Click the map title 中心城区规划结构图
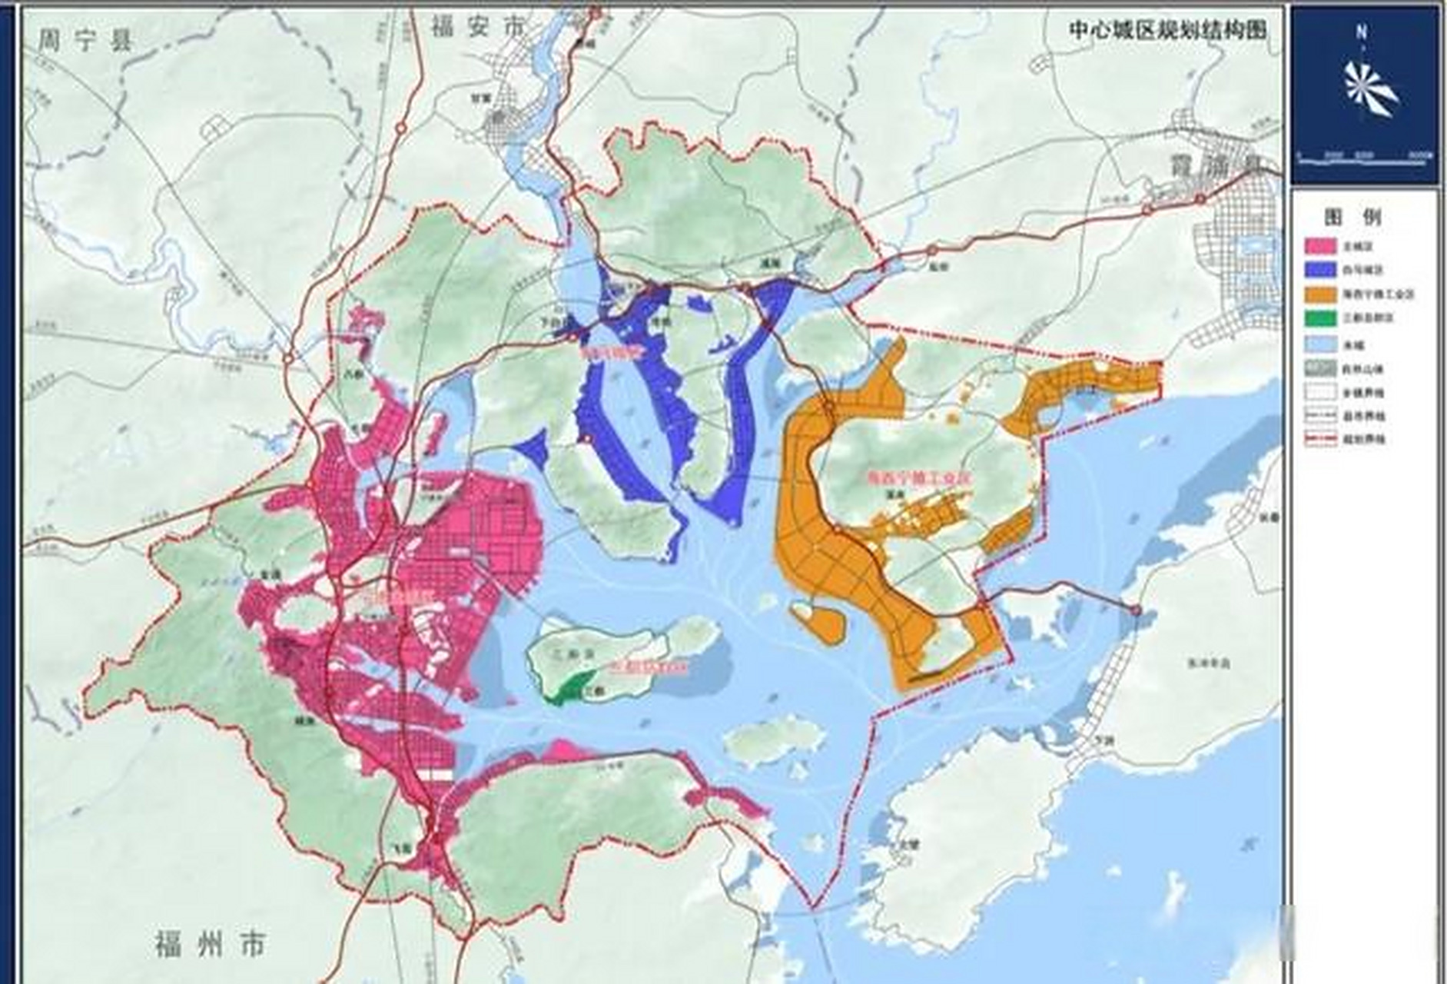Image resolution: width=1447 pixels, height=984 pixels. (x=1167, y=30)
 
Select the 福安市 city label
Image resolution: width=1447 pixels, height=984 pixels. (x=476, y=28)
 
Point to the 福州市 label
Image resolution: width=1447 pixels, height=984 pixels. (x=210, y=942)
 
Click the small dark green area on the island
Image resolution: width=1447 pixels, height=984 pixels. (x=572, y=686)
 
